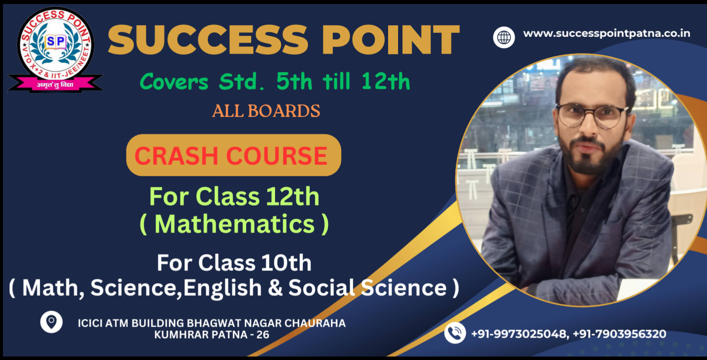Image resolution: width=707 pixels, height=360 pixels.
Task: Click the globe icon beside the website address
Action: click(x=504, y=37)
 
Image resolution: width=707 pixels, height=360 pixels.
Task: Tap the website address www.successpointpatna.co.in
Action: click(x=607, y=33)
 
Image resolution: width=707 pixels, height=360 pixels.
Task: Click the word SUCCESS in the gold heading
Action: click(x=208, y=40)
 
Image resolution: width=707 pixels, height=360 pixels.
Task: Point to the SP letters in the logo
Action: click(x=56, y=41)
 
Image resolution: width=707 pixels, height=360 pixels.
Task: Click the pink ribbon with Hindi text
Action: click(x=55, y=84)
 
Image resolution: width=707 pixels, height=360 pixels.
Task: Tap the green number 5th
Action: click(x=294, y=81)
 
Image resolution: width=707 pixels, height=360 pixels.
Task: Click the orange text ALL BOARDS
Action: click(x=266, y=111)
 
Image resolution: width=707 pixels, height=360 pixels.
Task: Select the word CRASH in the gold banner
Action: click(x=176, y=155)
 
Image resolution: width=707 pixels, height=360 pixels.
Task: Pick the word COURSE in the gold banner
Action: click(x=277, y=155)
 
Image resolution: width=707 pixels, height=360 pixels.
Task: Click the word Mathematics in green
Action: click(x=235, y=224)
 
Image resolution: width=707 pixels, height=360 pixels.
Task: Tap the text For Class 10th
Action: click(x=234, y=263)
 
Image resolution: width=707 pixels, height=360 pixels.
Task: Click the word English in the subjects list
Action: click(x=223, y=288)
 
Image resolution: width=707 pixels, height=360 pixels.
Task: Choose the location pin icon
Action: click(x=51, y=322)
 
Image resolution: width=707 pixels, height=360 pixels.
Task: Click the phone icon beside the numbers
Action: click(x=455, y=333)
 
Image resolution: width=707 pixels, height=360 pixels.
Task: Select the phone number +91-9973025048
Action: click(x=519, y=334)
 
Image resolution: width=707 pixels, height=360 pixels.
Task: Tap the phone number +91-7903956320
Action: click(x=619, y=334)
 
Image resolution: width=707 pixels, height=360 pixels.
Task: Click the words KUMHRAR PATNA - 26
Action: click(x=211, y=335)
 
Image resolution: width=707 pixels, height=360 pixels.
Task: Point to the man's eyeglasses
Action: click(x=592, y=116)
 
